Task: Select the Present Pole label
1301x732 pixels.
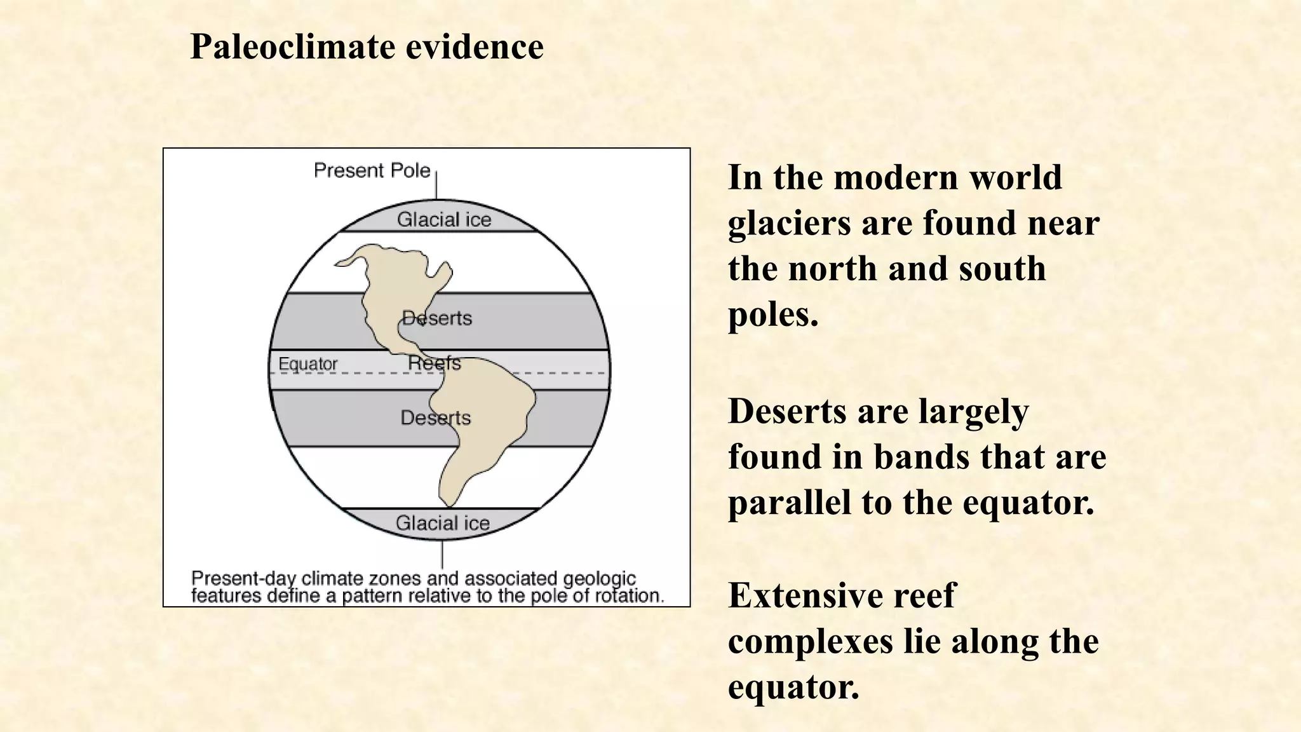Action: [372, 170]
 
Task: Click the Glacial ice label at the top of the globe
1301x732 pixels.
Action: [444, 220]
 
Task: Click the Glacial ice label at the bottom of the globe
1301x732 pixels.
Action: [443, 523]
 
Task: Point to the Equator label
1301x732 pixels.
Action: [308, 364]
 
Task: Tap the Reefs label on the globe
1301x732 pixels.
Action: [435, 363]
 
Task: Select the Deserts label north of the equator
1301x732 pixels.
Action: [437, 318]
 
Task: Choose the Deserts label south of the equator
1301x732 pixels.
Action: [436, 417]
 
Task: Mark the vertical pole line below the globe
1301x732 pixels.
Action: [442, 554]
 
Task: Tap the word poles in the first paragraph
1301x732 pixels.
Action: [772, 315]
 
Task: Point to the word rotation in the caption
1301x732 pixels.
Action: [629, 596]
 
